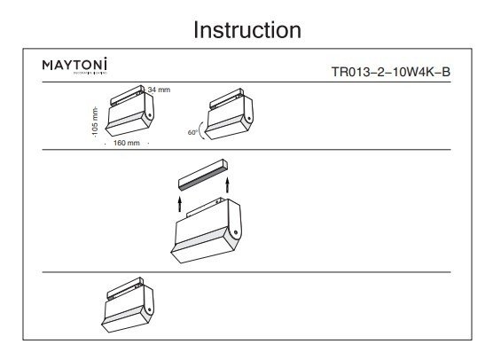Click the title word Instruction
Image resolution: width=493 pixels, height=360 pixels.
(x=246, y=29)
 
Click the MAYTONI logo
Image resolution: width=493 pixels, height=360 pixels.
(x=76, y=66)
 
